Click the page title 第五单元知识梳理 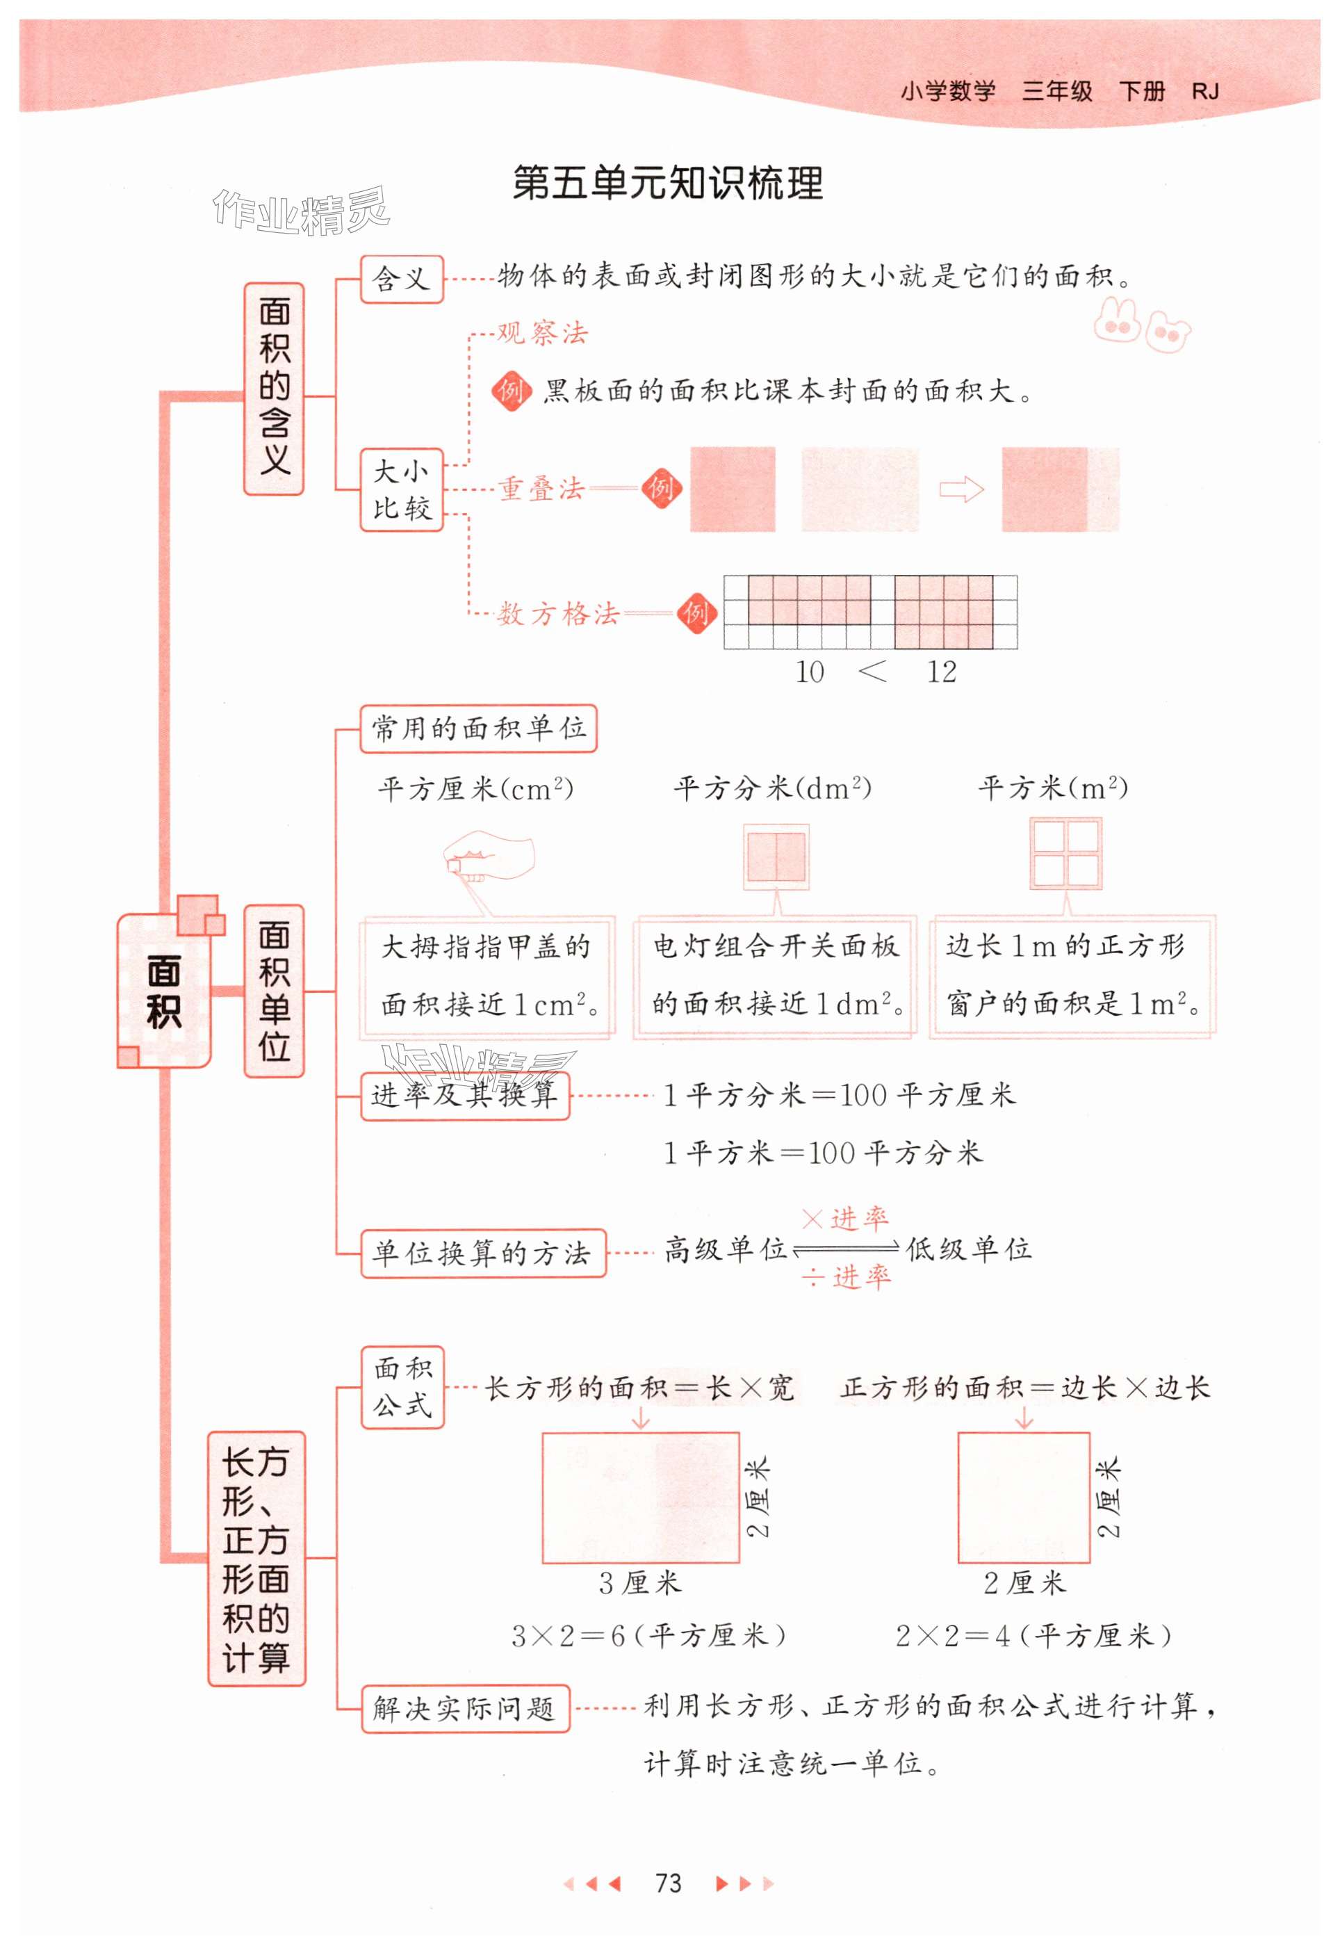coord(668,184)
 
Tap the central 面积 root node coord(164,991)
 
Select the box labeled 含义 coord(401,279)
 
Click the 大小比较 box coord(401,489)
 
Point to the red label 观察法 coord(543,333)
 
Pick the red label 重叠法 coord(541,489)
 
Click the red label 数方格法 coord(557,614)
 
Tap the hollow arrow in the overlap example coord(961,489)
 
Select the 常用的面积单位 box coord(477,729)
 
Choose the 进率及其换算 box coord(464,1095)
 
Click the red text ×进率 coord(844,1218)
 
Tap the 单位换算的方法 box coord(483,1254)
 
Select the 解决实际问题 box coord(465,1708)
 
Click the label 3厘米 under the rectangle coord(640,1583)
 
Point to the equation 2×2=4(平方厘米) coord(1033,1635)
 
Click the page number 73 coord(668,1883)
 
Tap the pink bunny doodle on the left coord(1116,319)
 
